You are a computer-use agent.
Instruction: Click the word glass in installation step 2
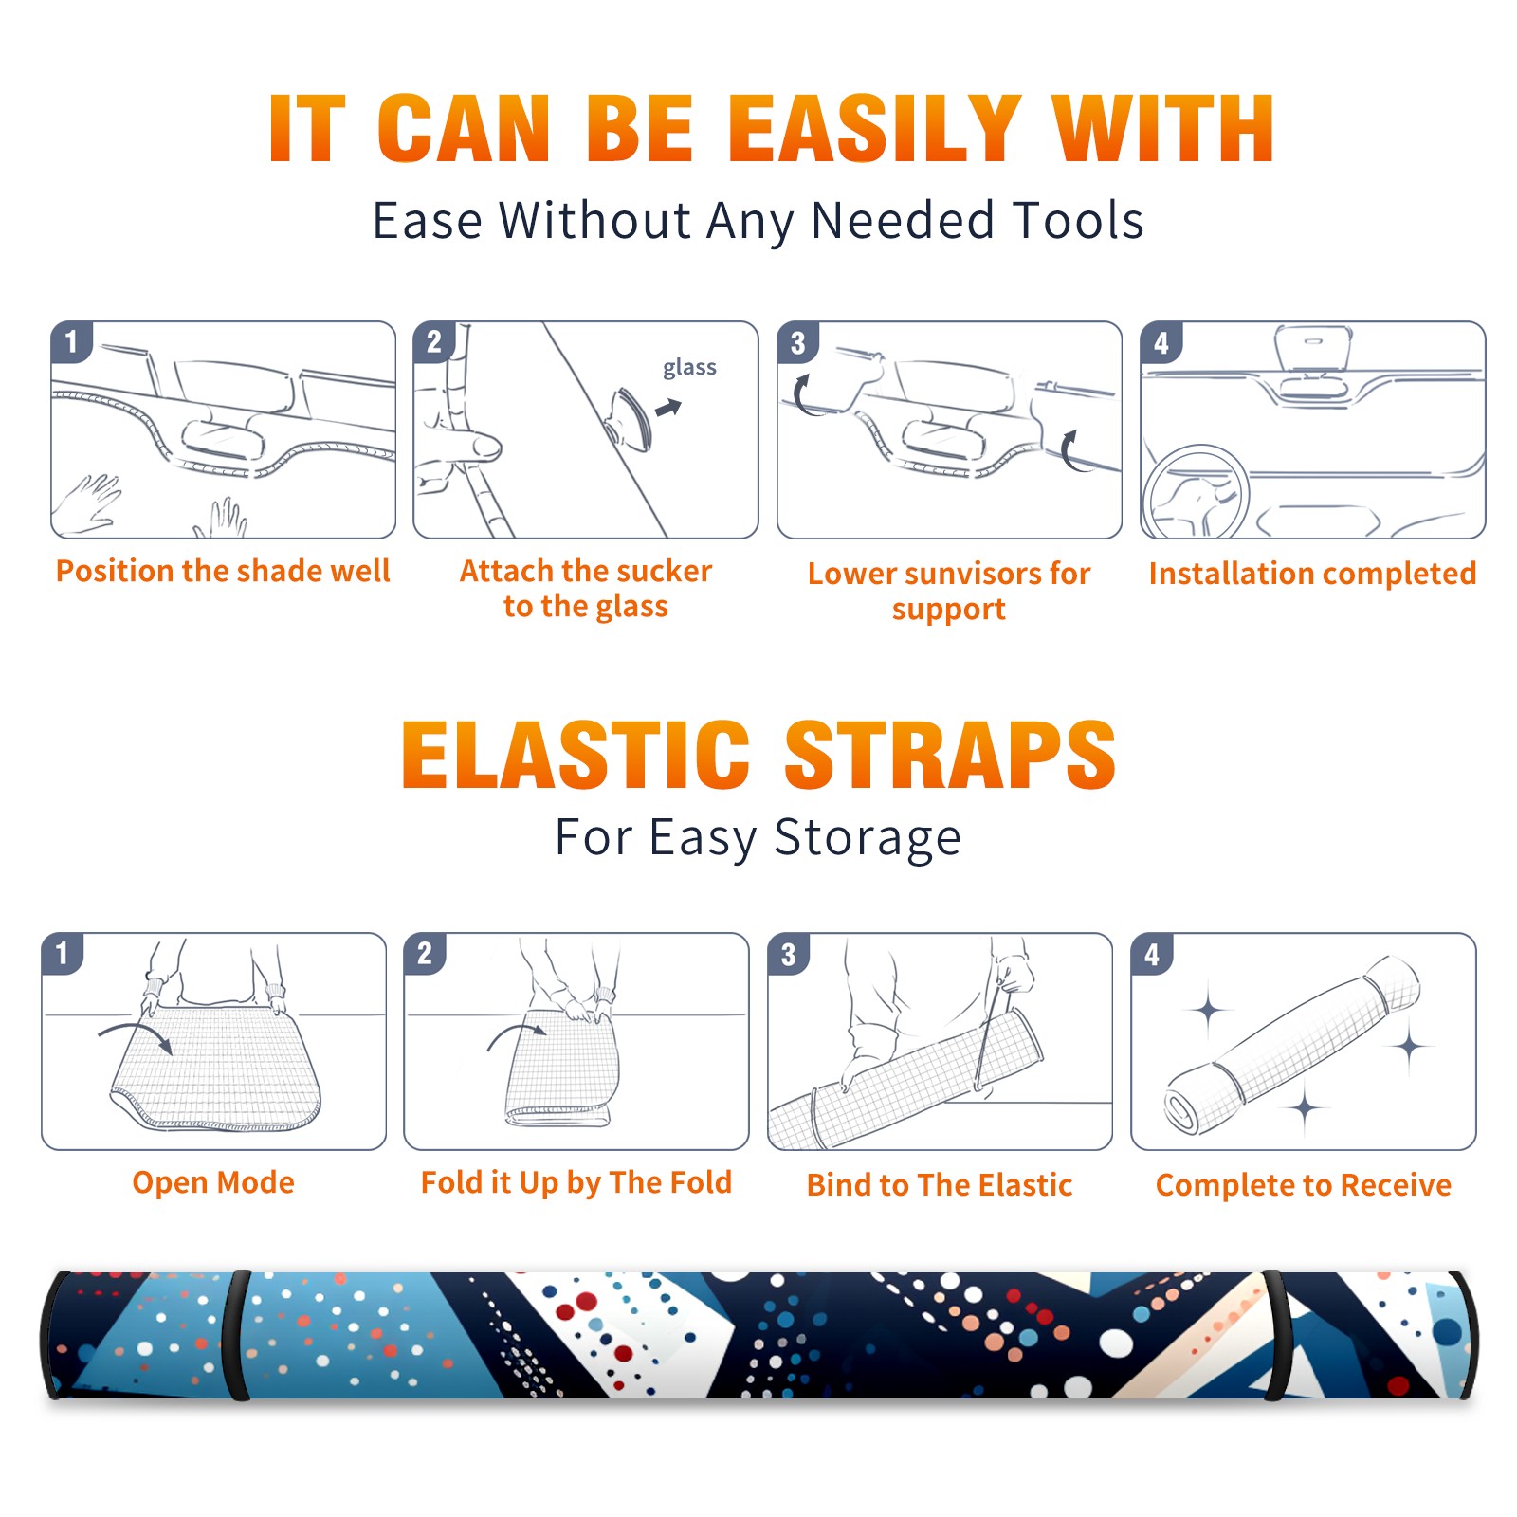click(689, 368)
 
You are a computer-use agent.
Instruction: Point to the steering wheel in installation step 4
click(1196, 492)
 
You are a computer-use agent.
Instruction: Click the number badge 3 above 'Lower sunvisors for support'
click(797, 342)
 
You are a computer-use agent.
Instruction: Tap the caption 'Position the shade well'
click(223, 571)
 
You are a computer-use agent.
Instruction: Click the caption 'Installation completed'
click(1312, 573)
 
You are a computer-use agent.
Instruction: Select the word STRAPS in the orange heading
click(950, 755)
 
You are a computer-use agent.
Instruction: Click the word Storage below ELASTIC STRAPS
click(868, 839)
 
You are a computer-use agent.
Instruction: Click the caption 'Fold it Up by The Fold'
click(576, 1182)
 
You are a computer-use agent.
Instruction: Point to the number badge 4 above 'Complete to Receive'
click(1151, 954)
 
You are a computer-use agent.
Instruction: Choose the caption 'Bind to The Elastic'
click(940, 1185)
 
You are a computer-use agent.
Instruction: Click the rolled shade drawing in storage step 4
click(1292, 1045)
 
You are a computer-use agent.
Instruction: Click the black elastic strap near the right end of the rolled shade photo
click(1274, 1336)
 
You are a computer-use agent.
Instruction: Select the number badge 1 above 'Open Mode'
click(63, 954)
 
